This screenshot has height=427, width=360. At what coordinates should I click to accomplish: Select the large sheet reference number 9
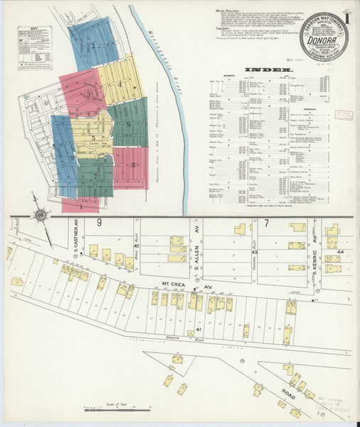coord(100,225)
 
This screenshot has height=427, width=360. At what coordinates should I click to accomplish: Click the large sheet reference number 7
coord(266,225)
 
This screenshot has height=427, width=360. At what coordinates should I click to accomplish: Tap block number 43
coord(254,251)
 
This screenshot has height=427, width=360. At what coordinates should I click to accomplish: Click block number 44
coord(340,253)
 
